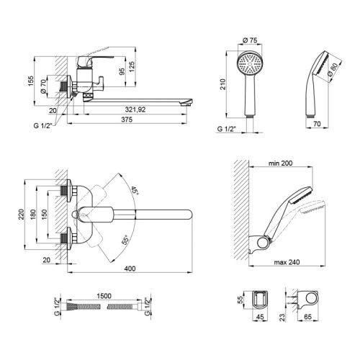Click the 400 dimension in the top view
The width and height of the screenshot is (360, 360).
[130, 269]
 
